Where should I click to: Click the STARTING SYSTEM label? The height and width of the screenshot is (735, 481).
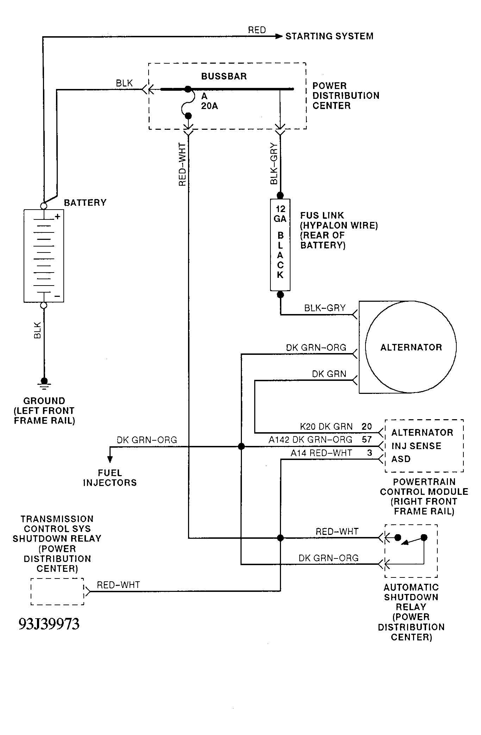click(x=329, y=36)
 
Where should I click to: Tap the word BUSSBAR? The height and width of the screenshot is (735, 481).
click(x=224, y=76)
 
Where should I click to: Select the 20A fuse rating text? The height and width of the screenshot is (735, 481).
click(x=210, y=106)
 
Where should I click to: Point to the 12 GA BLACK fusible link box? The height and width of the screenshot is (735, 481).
click(x=280, y=245)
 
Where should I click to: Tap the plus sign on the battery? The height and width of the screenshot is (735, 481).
click(x=58, y=217)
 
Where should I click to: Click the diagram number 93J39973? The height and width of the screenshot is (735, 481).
click(x=49, y=624)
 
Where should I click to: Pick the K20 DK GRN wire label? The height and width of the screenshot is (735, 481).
click(x=326, y=427)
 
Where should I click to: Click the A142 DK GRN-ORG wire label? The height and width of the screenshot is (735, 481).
click(x=311, y=440)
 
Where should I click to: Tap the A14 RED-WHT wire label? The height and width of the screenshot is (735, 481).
click(x=321, y=453)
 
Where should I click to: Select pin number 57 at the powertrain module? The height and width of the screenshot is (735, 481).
click(x=367, y=440)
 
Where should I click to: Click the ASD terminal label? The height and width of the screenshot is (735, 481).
click(x=401, y=459)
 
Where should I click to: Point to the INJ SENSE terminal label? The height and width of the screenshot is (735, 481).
click(x=417, y=446)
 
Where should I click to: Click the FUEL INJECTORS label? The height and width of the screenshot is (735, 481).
click(x=110, y=478)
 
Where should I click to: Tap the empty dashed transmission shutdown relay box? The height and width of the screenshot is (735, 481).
click(x=57, y=592)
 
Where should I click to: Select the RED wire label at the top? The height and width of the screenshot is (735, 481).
click(x=257, y=30)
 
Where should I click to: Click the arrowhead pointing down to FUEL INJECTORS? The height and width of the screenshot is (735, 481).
click(x=110, y=459)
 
